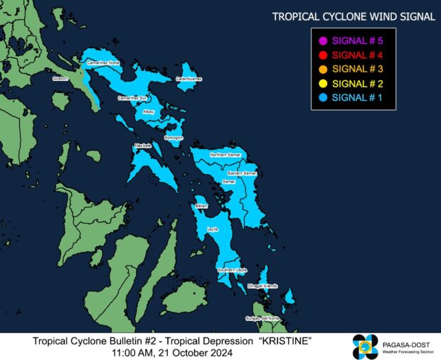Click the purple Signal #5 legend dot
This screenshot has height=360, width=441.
tap(323, 40)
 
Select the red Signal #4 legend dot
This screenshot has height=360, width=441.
tap(323, 55)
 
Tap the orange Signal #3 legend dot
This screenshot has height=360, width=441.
tap(323, 69)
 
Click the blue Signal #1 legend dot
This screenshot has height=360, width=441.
tap(323, 97)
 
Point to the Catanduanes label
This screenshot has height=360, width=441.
tap(189, 79)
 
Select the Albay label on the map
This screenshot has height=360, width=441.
tap(148, 111)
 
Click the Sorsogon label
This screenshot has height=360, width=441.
tap(174, 137)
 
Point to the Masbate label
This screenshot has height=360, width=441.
tap(143, 146)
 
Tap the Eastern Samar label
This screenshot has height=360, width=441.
tap(242, 173)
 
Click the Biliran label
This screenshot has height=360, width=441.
tap(201, 205)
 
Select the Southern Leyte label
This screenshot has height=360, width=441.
tap(232, 270)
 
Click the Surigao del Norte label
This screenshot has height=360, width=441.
tap(262, 318)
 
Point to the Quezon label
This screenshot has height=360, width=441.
tap(60, 80)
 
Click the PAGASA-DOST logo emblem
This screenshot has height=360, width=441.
tap(366, 346)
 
